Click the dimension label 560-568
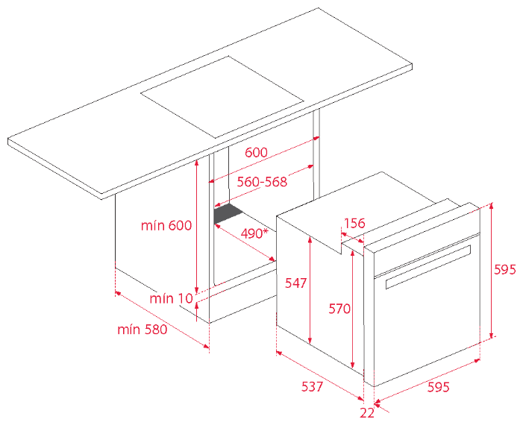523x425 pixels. (x=262, y=182)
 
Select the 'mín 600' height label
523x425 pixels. (x=166, y=225)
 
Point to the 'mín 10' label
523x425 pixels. (x=172, y=298)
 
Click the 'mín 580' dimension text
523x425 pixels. (x=142, y=330)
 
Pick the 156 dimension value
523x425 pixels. (x=354, y=223)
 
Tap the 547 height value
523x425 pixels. (x=295, y=283)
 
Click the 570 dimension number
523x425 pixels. (x=339, y=309)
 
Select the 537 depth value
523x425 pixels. (x=312, y=386)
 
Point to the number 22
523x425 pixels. (x=367, y=413)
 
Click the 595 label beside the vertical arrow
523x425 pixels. (x=504, y=269)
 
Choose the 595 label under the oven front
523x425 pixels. (x=439, y=387)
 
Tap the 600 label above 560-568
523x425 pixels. (x=256, y=152)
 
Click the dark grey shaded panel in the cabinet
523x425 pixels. (x=228, y=213)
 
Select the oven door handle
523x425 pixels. (x=428, y=267)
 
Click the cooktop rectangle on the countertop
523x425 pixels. (x=222, y=97)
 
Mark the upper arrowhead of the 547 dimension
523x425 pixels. (x=310, y=239)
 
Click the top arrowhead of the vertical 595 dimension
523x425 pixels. (x=491, y=206)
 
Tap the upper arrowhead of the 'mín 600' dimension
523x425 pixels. (x=197, y=163)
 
